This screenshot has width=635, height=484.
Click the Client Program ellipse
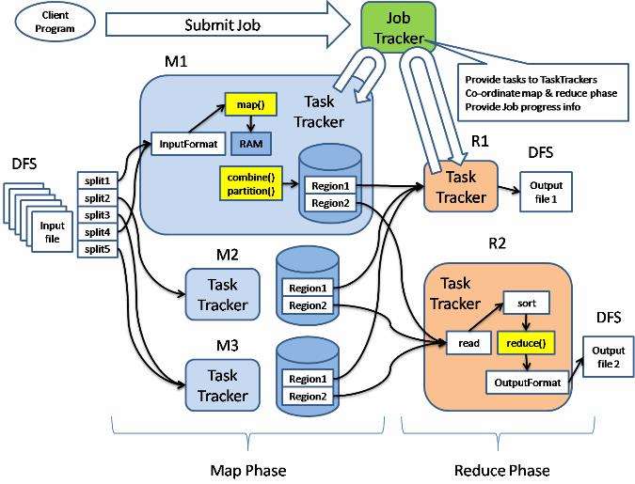point(56,22)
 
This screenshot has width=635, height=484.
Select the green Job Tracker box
point(398,27)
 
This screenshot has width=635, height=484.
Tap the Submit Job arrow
point(228,24)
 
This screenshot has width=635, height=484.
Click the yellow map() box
point(251,105)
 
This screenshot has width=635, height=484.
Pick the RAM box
point(251,144)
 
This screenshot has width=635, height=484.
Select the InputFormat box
point(188,144)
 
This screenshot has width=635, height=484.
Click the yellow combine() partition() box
point(251,183)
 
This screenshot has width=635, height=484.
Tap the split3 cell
point(97,215)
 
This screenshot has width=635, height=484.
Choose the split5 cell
point(97,249)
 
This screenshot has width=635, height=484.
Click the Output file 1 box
point(546,192)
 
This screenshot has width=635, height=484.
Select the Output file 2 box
point(609,356)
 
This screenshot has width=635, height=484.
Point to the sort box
point(527,304)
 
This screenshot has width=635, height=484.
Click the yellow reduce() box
point(526,343)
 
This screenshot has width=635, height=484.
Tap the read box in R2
point(468,343)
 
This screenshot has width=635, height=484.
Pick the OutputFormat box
point(527,383)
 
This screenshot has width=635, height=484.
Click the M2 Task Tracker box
point(222,294)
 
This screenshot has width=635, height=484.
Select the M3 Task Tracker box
point(222,385)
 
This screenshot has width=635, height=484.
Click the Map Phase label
point(248,471)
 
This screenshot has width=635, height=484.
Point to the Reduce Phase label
point(502,471)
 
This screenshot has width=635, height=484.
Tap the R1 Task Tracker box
point(461,187)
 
